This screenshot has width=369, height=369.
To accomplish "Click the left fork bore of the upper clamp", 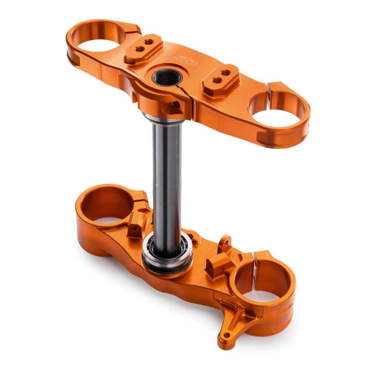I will (x=98, y=44).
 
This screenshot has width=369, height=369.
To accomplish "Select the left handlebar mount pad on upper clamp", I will (x=143, y=49).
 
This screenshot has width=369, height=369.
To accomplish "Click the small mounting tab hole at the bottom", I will (x=227, y=336).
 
